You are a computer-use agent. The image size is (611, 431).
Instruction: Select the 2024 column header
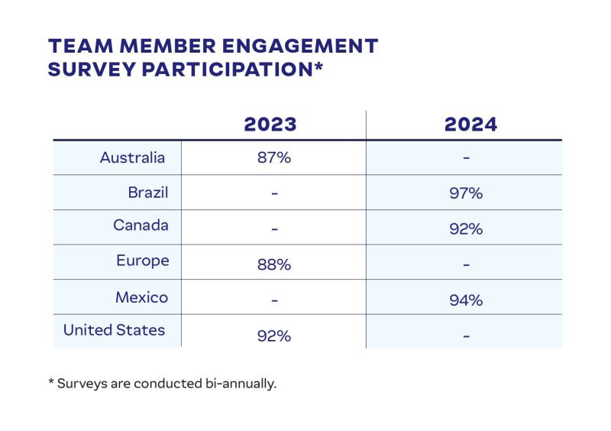(x=470, y=125)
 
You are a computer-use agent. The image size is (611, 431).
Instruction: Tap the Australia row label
(x=132, y=158)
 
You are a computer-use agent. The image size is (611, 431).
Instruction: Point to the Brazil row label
(x=148, y=193)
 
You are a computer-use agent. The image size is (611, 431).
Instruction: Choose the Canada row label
(x=141, y=225)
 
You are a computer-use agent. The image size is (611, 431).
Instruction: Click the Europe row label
(x=142, y=261)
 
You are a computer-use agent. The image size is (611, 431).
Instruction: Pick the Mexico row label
(x=141, y=297)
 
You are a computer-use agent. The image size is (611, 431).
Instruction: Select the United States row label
(x=114, y=330)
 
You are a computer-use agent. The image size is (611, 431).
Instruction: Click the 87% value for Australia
(x=273, y=159)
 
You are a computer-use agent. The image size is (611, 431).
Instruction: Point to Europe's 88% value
(x=273, y=264)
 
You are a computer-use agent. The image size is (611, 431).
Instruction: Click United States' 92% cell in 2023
(x=273, y=335)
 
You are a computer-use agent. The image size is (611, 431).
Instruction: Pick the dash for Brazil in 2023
(x=273, y=193)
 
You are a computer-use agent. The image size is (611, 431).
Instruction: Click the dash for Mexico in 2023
(x=273, y=300)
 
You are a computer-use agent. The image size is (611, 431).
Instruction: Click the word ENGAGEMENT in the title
(x=295, y=46)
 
